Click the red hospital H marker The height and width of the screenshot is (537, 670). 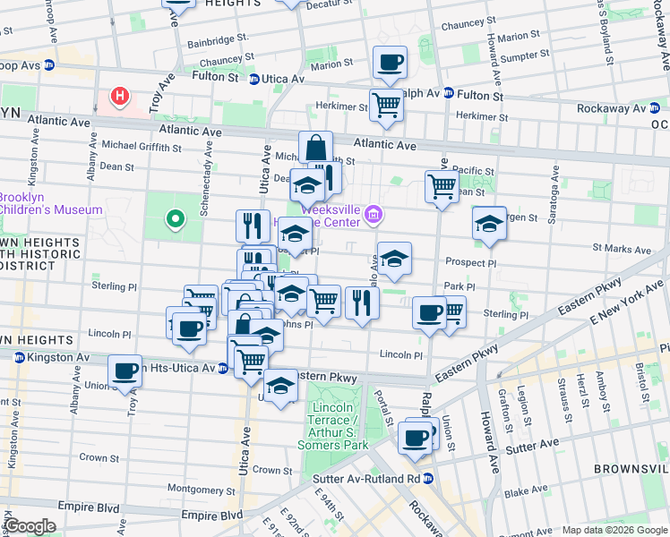click(118, 96)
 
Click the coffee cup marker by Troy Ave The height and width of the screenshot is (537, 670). click(125, 370)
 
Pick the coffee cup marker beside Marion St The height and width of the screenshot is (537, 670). click(390, 63)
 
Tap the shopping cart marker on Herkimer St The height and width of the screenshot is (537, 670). click(386, 105)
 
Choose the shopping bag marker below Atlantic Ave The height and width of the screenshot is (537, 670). click(316, 148)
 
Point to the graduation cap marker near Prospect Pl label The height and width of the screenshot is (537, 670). click(394, 259)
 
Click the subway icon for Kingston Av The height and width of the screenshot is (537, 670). click(17, 357)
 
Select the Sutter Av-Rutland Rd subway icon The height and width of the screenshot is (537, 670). click(428, 479)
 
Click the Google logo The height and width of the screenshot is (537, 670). click(31, 526)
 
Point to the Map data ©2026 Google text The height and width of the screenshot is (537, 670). click(614, 530)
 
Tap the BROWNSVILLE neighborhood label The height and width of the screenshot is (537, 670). click(630, 468)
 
